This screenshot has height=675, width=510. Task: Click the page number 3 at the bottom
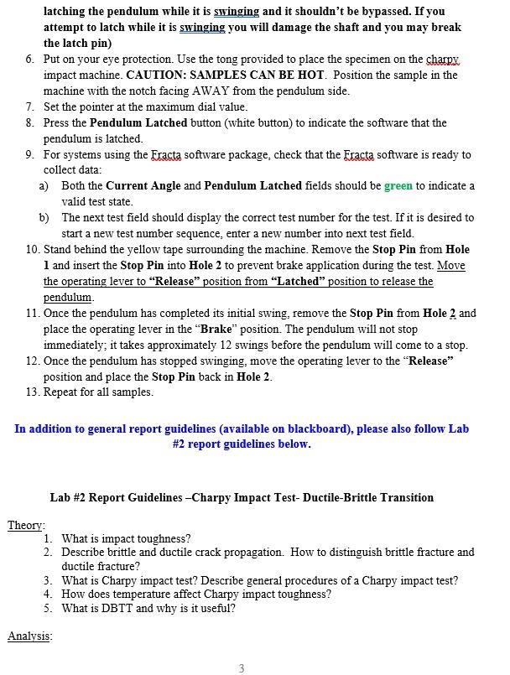[x=242, y=668]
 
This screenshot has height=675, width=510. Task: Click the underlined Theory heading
[x=26, y=525]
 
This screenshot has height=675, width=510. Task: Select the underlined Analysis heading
[x=29, y=636]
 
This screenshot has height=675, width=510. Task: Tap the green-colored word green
[x=398, y=186]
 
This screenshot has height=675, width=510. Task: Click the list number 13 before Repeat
[x=32, y=392]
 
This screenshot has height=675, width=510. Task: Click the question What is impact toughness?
[x=126, y=538]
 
